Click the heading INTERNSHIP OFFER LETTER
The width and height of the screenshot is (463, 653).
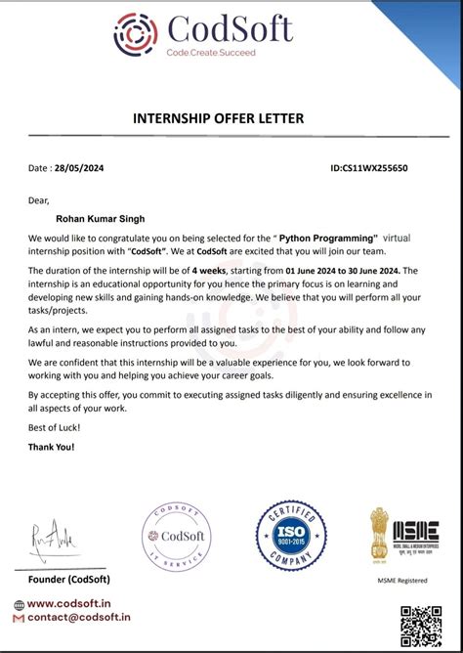coord(218,119)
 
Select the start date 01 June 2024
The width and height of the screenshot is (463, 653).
coord(319,270)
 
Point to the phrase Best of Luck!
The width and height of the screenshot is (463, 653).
coord(55,428)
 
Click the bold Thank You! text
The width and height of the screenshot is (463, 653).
coord(52,447)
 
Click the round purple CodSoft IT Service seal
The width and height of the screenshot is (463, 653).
coord(177,537)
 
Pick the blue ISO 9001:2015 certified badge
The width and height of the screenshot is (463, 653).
coord(290,536)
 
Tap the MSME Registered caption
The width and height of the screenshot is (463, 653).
coord(402,581)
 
